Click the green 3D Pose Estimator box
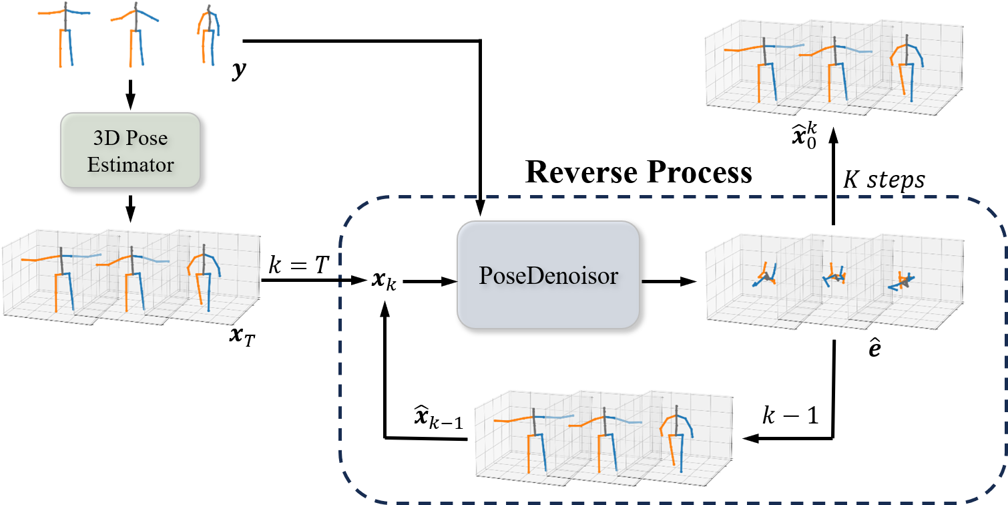[130, 150]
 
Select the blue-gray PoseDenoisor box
[548, 275]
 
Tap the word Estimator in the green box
[130, 164]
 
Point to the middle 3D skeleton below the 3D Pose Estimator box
[133, 277]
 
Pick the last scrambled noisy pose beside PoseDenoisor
[903, 281]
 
